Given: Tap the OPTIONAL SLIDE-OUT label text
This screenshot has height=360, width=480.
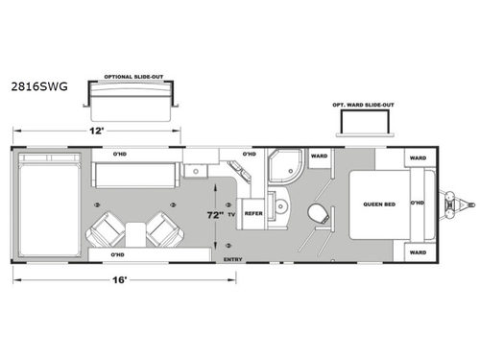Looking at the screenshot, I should click(132, 70).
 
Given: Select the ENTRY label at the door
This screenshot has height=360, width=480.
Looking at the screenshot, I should click(231, 258).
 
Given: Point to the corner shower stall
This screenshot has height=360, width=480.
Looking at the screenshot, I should click(285, 168).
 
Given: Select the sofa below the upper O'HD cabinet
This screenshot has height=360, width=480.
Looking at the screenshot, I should click(133, 175).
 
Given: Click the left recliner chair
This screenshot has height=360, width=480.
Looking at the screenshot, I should click(107, 230).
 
